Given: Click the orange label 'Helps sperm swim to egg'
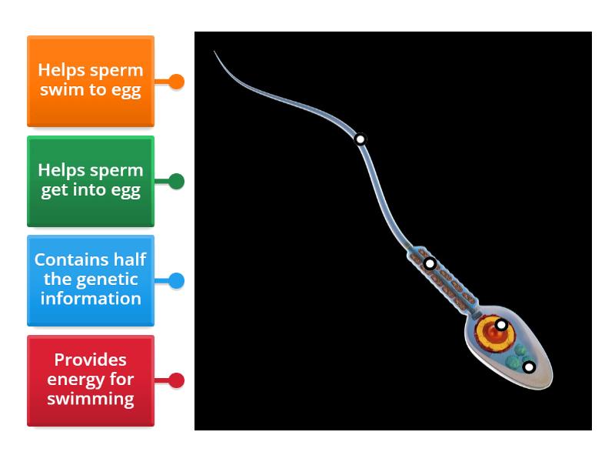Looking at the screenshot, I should click(91, 81).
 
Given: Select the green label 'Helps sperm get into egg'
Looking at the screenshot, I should click(91, 181).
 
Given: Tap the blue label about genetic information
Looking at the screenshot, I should click(91, 280).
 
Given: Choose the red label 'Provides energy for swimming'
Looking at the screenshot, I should click(91, 380).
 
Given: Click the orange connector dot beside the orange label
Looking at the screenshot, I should click(176, 82).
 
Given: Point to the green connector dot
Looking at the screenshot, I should click(176, 182).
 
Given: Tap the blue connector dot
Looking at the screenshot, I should click(176, 281).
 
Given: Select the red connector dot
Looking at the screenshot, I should click(176, 380).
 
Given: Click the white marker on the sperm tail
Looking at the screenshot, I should click(361, 139).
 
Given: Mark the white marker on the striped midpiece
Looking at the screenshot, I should click(430, 263).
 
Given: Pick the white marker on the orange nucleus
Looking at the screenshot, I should click(501, 325).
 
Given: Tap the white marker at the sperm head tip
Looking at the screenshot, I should click(529, 367).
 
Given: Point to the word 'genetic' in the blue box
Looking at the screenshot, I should click(91, 280).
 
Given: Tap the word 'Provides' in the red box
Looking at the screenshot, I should click(91, 360).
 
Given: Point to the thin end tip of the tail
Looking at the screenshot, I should click(215, 52).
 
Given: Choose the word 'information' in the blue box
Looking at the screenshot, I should click(91, 299).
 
